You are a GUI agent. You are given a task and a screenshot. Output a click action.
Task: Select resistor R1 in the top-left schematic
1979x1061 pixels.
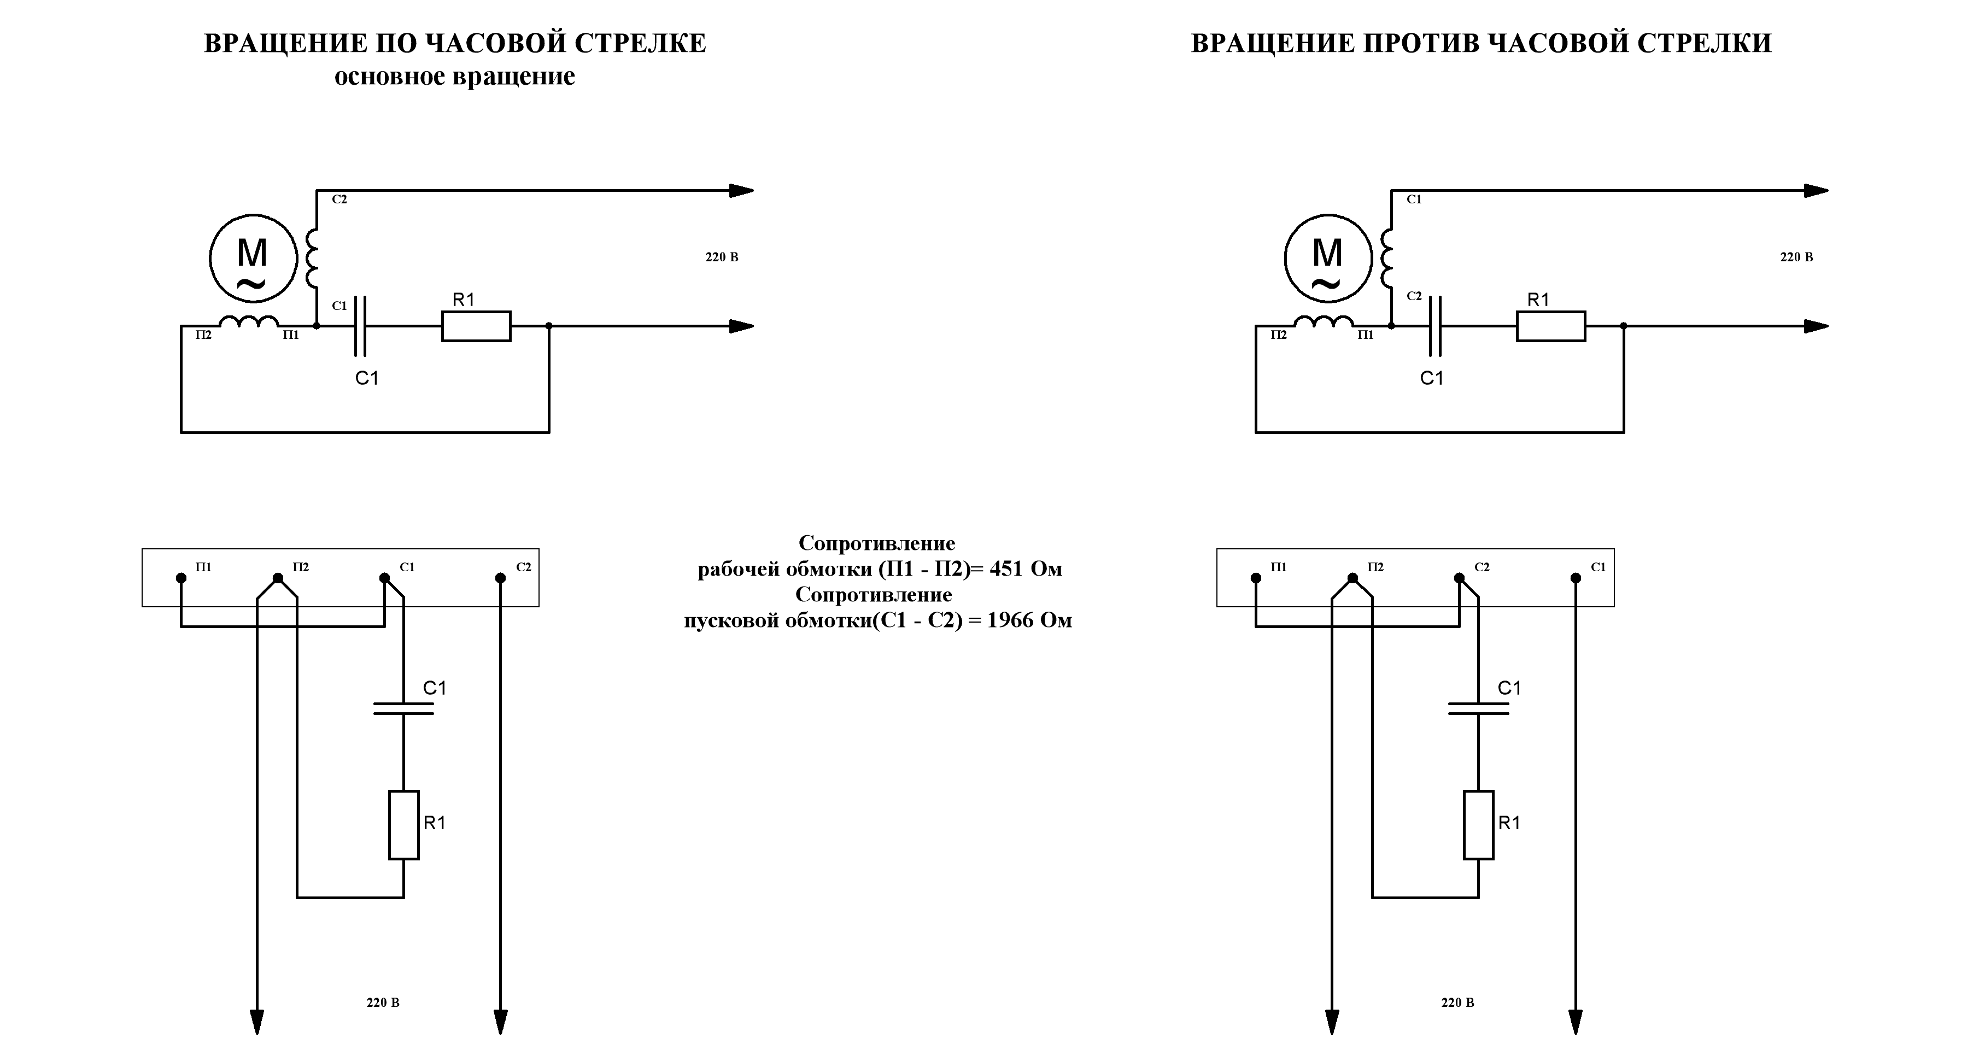[476, 326]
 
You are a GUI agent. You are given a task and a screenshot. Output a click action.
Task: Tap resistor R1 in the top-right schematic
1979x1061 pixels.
[1550, 326]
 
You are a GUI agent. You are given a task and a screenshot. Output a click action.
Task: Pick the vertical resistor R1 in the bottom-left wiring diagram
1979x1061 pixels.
[403, 824]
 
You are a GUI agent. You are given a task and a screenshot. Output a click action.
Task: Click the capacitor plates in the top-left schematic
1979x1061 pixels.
[360, 326]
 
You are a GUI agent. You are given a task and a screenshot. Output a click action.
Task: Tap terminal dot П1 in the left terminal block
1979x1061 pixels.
[181, 578]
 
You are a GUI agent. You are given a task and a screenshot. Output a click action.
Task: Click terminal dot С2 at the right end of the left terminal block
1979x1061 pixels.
[500, 578]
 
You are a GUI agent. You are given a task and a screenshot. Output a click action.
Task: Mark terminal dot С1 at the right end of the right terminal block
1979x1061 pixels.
[1575, 578]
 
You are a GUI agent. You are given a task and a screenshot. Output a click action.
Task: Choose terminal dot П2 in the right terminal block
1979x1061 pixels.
[1353, 578]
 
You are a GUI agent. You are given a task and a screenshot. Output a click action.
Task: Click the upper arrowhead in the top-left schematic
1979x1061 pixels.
[741, 191]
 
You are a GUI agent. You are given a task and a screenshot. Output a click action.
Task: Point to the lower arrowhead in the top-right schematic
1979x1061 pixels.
[1816, 326]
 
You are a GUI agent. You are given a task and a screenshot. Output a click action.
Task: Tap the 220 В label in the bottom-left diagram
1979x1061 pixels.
[383, 1003]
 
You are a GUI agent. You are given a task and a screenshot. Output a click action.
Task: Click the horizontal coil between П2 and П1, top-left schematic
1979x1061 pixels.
[248, 323]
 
